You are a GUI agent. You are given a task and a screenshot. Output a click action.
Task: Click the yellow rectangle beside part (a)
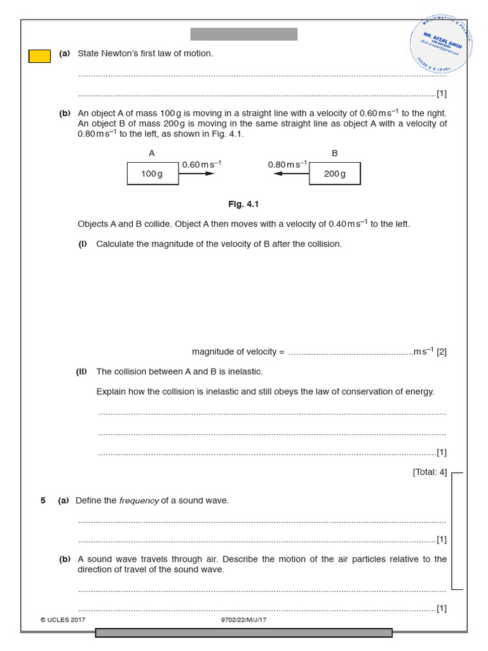click(x=39, y=56)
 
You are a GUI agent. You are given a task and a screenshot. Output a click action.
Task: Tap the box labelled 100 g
click(x=152, y=174)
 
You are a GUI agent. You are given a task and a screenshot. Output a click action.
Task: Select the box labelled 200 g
click(x=334, y=174)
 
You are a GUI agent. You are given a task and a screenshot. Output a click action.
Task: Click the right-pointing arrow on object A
click(x=197, y=174)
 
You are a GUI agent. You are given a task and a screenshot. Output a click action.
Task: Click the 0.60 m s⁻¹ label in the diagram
click(x=201, y=164)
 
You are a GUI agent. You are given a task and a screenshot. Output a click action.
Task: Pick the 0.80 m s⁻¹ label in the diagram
click(x=288, y=164)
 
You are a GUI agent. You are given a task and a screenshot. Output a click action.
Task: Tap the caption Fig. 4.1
click(x=243, y=204)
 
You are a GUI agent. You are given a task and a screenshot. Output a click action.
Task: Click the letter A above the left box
click(x=152, y=153)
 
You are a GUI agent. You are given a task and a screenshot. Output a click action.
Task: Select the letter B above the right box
click(x=335, y=153)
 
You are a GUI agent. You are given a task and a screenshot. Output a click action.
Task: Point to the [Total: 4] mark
click(x=430, y=472)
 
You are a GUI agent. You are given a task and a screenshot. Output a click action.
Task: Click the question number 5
click(x=43, y=500)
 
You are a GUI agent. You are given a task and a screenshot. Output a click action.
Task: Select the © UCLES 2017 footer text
click(x=62, y=619)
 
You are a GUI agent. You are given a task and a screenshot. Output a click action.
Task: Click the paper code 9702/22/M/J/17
click(x=243, y=619)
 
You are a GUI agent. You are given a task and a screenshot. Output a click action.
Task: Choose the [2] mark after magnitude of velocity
click(x=442, y=352)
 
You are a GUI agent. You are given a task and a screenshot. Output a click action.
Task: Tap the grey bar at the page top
click(x=243, y=34)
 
